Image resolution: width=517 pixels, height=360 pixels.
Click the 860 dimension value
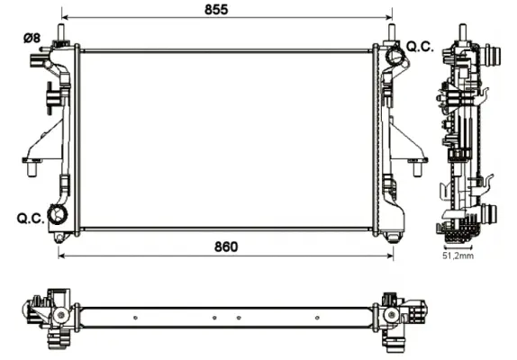point(225,246)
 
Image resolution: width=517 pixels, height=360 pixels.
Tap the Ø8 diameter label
point(31,37)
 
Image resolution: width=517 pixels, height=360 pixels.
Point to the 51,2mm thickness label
point(458,256)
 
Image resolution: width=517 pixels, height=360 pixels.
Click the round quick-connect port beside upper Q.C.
point(395,56)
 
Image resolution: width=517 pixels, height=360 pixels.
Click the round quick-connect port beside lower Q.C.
point(59,215)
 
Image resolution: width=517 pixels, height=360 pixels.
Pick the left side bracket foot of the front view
point(32,163)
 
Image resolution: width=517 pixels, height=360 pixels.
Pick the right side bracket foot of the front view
point(416,163)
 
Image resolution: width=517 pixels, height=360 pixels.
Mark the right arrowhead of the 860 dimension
point(392,256)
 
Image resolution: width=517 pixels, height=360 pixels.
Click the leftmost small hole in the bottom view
point(134,317)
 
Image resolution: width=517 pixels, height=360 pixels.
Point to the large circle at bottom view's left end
point(59,316)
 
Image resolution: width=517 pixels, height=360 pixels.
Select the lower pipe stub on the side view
point(489,215)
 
